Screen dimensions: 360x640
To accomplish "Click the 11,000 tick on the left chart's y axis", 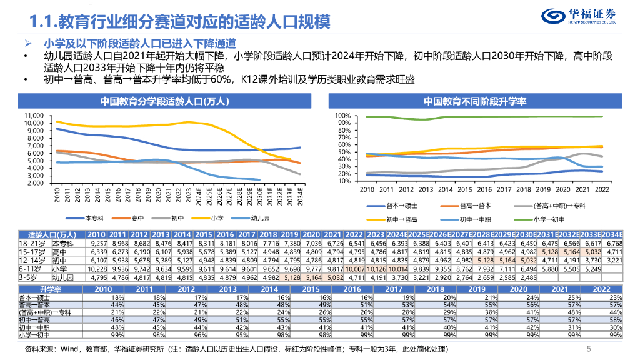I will click(36, 116).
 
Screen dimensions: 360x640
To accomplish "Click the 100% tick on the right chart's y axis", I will click(344, 116).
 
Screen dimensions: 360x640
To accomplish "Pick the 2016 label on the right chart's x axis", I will click(486, 189).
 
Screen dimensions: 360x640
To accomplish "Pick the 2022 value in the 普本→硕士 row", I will click(616, 298).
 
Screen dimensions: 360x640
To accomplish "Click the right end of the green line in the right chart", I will click(602, 116).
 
